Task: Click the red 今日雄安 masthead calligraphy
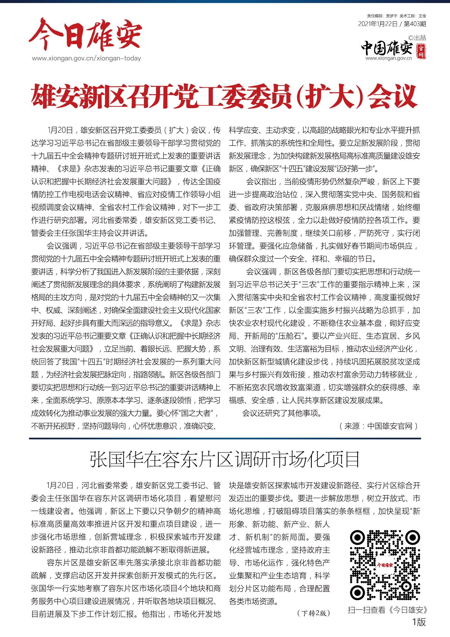click(86, 35)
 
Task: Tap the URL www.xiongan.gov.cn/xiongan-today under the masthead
click(86, 59)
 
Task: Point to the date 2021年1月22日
click(378, 24)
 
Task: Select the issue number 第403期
click(415, 24)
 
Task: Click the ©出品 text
click(417, 38)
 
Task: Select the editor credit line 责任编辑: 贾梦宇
click(382, 16)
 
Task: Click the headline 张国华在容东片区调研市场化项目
click(225, 459)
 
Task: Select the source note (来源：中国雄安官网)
click(378, 426)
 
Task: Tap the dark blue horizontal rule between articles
click(225, 439)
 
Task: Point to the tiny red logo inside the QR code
click(385, 565)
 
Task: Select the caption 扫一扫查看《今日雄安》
click(387, 610)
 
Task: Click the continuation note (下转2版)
click(313, 613)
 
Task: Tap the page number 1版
click(419, 622)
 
